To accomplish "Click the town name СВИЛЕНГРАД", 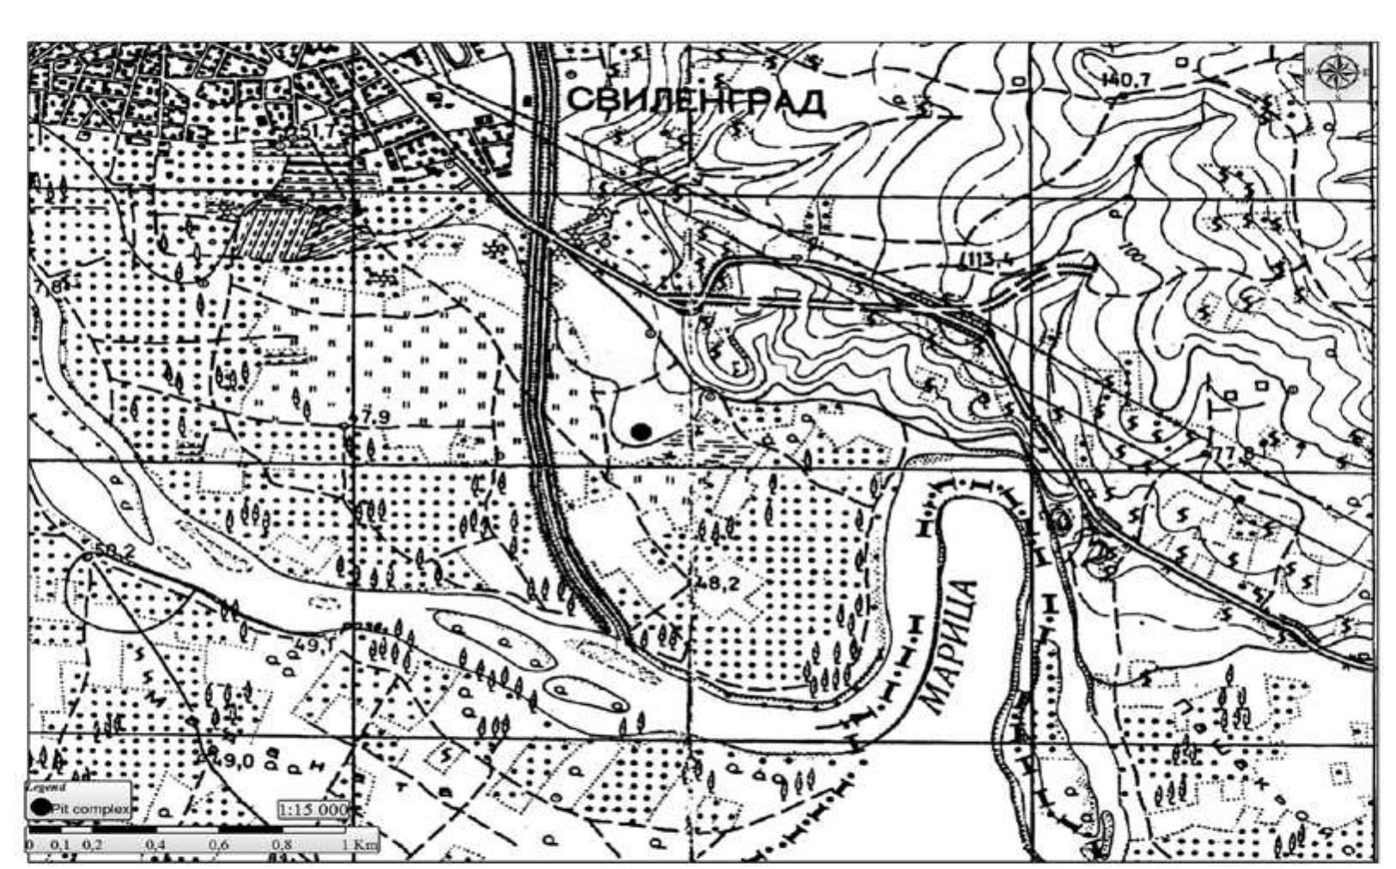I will point(697,101).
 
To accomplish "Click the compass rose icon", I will point(1338,72).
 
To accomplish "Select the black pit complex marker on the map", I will point(640,431).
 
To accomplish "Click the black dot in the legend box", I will point(40,807).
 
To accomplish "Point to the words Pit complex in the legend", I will point(90,808).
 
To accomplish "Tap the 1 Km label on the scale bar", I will point(360,845).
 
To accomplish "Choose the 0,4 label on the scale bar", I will point(156,845).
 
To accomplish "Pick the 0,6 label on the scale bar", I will point(220,845).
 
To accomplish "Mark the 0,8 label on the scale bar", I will point(282,845).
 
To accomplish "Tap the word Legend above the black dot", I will point(40,787).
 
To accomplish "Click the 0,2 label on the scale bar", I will point(92,845).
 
